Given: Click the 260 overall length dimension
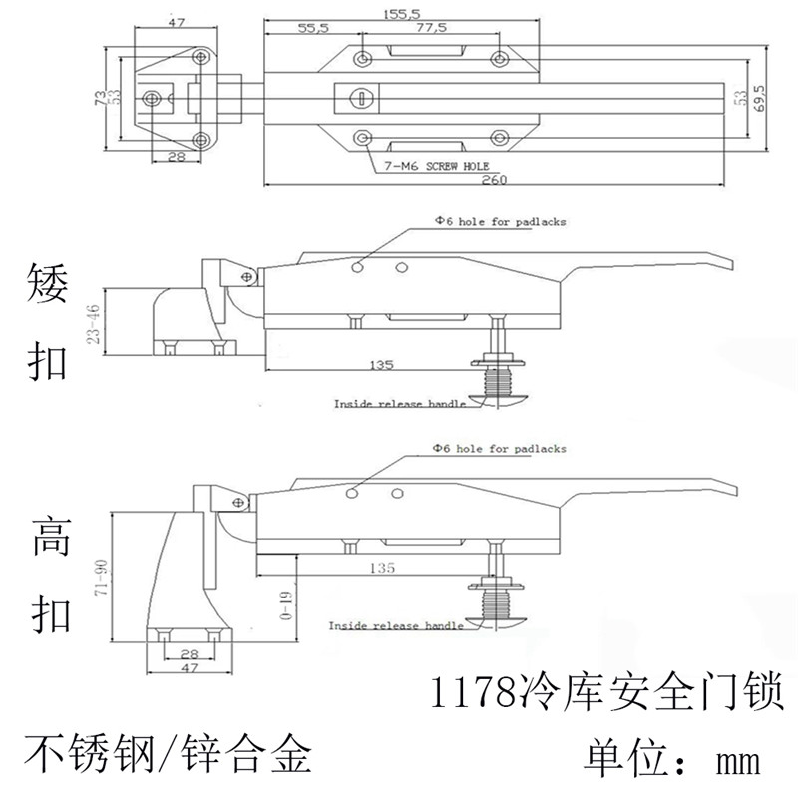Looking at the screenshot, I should tap(494, 180).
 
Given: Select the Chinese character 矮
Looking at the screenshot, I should tap(49, 285).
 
